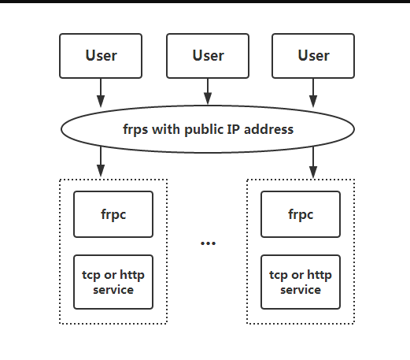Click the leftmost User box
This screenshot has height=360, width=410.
click(x=101, y=55)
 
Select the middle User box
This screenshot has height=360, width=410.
click(x=208, y=55)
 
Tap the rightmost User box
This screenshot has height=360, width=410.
click(x=313, y=55)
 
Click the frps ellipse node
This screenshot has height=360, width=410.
click(x=207, y=128)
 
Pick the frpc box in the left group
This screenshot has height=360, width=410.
click(x=113, y=214)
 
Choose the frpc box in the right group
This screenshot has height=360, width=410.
click(x=301, y=214)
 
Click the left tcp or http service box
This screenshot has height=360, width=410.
click(x=113, y=282)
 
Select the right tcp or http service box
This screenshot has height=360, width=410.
click(x=301, y=282)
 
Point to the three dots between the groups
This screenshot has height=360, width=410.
click(x=208, y=243)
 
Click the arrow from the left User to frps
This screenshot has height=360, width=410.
click(x=101, y=93)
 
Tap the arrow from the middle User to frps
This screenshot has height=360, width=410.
click(x=208, y=91)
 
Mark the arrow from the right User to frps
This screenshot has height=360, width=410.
click(x=313, y=93)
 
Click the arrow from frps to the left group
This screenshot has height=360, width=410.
click(x=101, y=162)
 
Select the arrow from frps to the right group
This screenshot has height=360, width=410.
click(x=313, y=162)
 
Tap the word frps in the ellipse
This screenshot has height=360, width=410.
click(x=135, y=129)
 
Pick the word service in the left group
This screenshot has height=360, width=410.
click(x=113, y=289)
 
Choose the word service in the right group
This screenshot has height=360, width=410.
click(x=301, y=289)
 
